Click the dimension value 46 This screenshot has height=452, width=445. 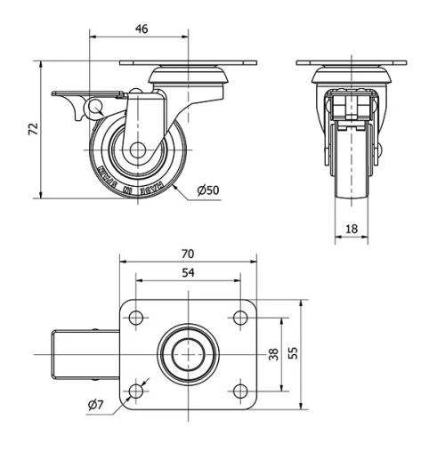(141, 28)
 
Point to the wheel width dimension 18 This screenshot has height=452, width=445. (351, 229)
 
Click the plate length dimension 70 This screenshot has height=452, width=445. (188, 253)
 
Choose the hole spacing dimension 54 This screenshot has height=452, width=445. (188, 273)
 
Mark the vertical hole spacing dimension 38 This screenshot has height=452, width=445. (273, 353)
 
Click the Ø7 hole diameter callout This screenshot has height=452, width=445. (96, 406)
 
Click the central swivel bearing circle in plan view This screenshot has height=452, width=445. (188, 354)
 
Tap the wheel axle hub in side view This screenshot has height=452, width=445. (137, 150)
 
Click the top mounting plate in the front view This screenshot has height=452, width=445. (351, 63)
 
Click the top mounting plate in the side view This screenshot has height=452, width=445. (188, 63)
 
